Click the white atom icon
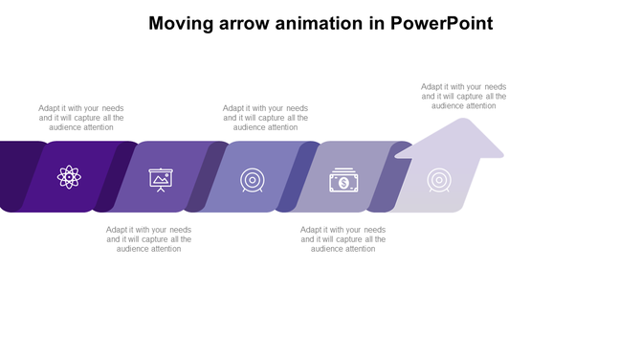point(68,177)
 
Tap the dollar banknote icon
point(343,180)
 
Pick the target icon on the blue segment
point(252,179)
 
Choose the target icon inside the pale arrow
point(439,179)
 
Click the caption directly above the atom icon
point(81,118)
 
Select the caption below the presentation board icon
point(148,239)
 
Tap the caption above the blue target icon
point(265,118)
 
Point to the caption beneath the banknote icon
point(343,239)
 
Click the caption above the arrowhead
point(463,96)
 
